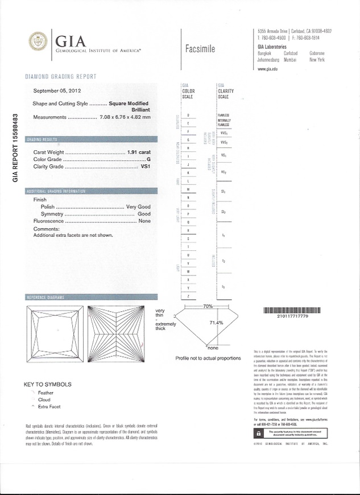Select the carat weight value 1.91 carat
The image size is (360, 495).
(135, 152)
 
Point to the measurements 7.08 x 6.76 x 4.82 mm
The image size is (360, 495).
(125, 117)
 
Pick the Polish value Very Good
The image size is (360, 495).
(138, 207)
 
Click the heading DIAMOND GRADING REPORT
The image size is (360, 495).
(61, 76)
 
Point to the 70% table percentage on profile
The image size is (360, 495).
(207, 307)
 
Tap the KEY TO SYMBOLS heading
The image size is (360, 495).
(49, 384)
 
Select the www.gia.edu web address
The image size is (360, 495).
(267, 69)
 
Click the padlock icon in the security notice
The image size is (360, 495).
(259, 432)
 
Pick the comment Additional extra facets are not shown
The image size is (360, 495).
(73, 235)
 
